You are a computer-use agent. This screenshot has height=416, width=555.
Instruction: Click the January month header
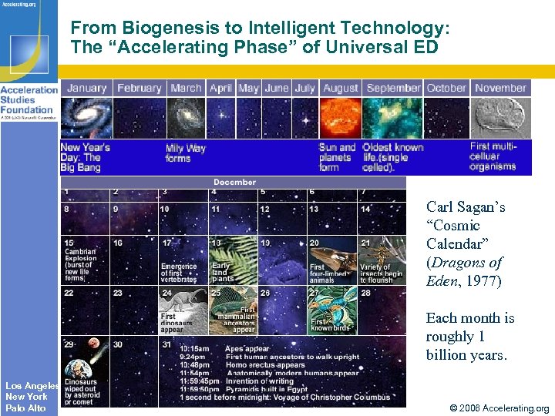(x=86, y=89)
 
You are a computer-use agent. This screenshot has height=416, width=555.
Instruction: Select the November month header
(x=500, y=89)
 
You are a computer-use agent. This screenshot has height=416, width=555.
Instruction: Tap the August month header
(x=340, y=89)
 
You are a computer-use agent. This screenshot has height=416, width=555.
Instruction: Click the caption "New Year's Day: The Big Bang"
(x=86, y=157)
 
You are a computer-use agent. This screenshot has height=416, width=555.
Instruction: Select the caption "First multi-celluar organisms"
(x=493, y=156)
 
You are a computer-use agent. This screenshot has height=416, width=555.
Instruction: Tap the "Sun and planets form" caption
(x=338, y=157)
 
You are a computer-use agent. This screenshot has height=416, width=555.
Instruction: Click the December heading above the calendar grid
(x=234, y=183)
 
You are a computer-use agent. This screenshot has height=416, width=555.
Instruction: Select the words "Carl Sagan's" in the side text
(x=466, y=207)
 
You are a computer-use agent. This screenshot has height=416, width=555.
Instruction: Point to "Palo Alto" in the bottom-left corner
(x=25, y=408)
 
